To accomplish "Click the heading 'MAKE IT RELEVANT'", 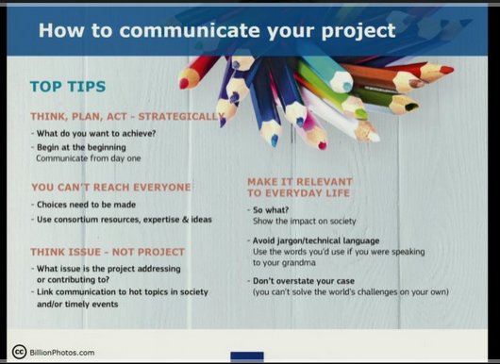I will click(x=299, y=181).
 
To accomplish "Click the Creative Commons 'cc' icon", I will click(x=18, y=353).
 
